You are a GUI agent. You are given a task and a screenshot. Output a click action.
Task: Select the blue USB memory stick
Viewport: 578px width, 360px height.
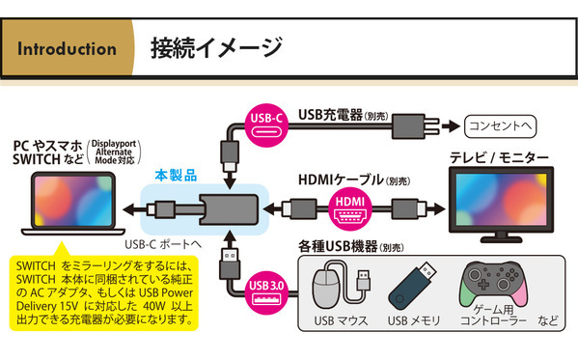(x=408, y=287)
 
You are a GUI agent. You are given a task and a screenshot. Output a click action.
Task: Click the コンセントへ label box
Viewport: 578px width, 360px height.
(x=499, y=125)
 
